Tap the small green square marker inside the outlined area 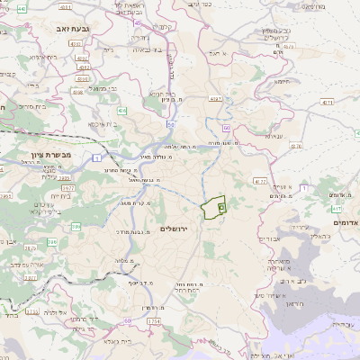[220, 207]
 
